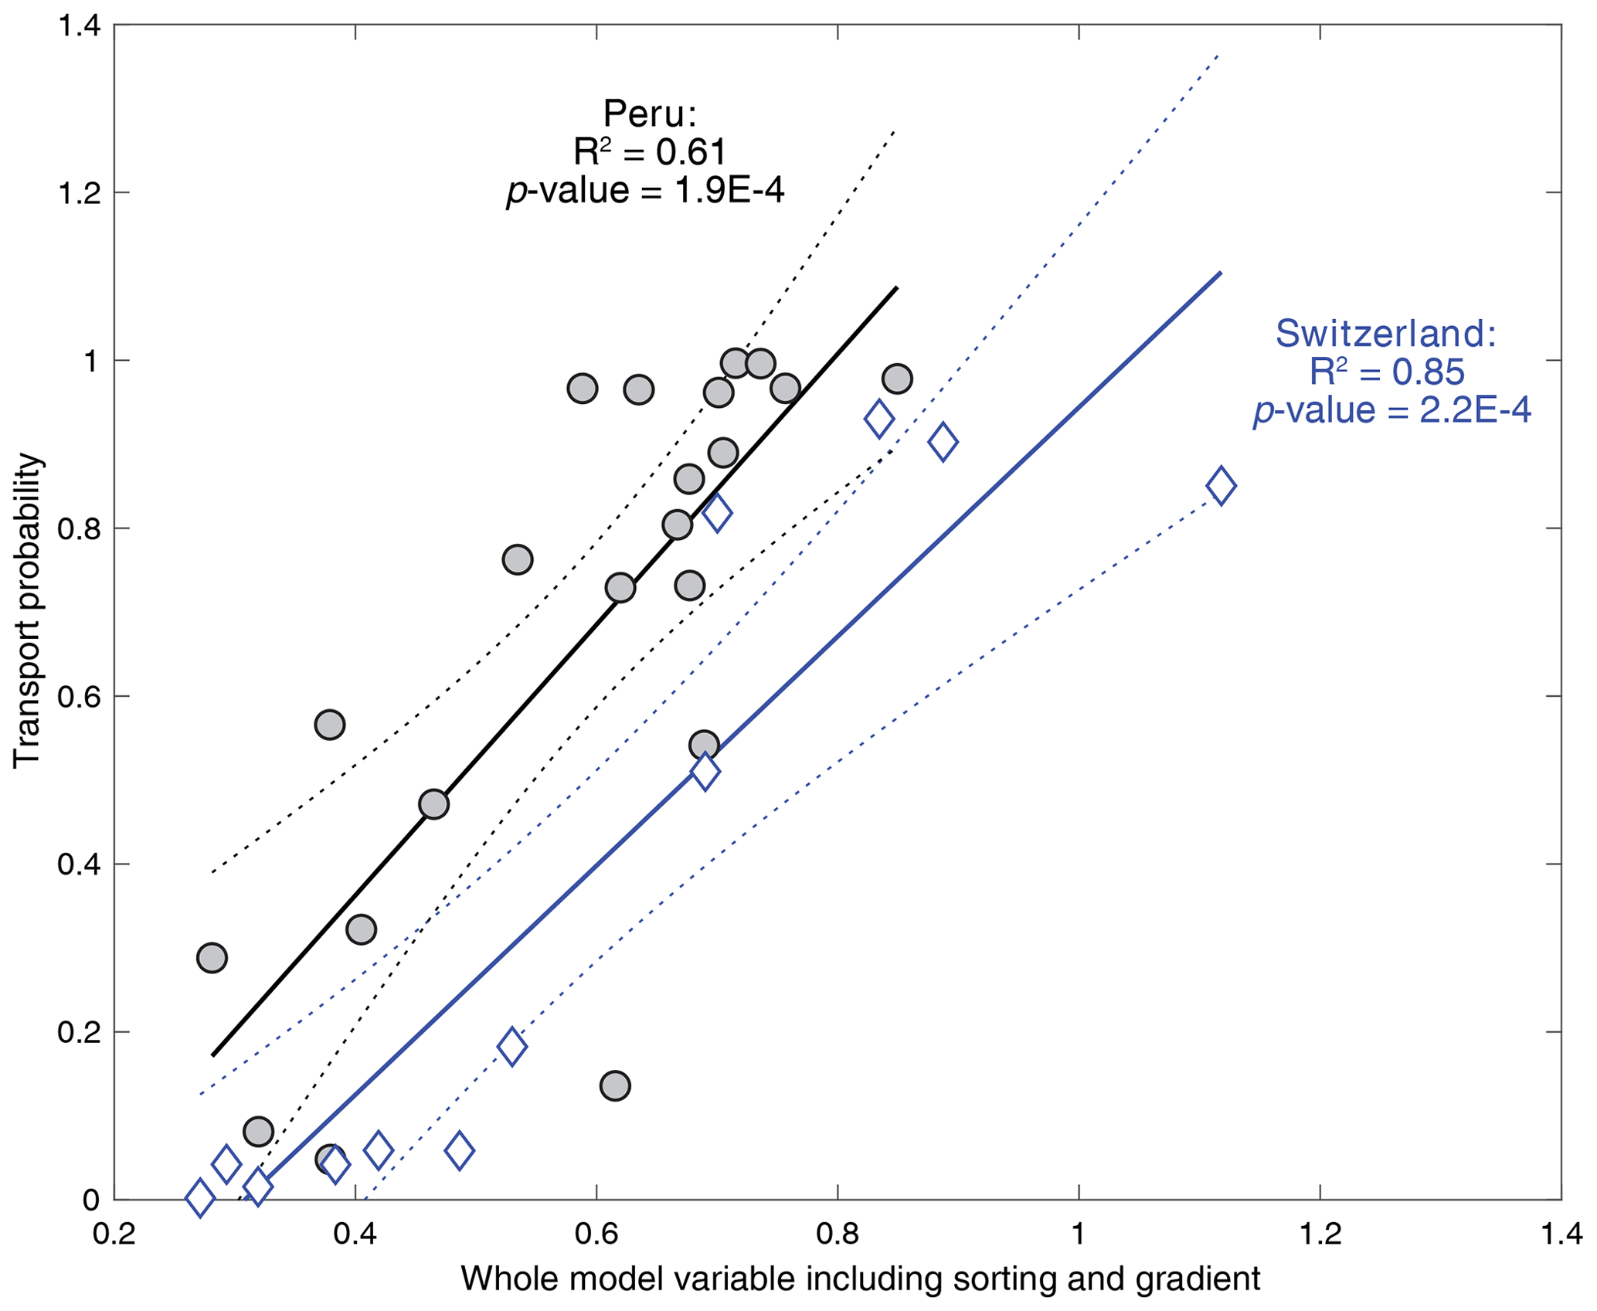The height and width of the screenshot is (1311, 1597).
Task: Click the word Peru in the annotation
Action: [649, 114]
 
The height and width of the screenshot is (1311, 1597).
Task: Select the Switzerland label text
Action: [1385, 334]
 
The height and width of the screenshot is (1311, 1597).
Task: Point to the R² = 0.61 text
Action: [649, 152]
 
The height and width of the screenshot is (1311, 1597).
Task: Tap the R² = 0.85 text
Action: [1386, 372]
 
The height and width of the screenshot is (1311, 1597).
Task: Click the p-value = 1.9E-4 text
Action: [645, 190]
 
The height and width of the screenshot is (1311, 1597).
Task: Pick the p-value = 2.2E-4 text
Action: [1391, 410]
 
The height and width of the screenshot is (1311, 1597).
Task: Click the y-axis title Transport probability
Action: [27, 610]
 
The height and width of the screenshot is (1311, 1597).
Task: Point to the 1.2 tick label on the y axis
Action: [80, 192]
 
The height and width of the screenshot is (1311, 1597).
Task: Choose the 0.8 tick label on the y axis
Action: [80, 528]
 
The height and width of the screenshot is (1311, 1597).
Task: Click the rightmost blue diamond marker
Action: [1221, 486]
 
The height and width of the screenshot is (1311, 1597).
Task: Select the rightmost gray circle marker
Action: [896, 379]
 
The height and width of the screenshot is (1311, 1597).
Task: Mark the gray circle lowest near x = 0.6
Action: [615, 1085]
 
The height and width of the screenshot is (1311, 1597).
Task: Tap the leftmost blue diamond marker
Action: [200, 1197]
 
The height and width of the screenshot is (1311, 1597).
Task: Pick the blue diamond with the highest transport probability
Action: [878, 419]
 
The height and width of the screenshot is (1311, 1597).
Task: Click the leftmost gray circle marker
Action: [212, 958]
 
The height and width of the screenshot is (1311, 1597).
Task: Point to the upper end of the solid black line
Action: [896, 287]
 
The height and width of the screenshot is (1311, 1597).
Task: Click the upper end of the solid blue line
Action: [1221, 272]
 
